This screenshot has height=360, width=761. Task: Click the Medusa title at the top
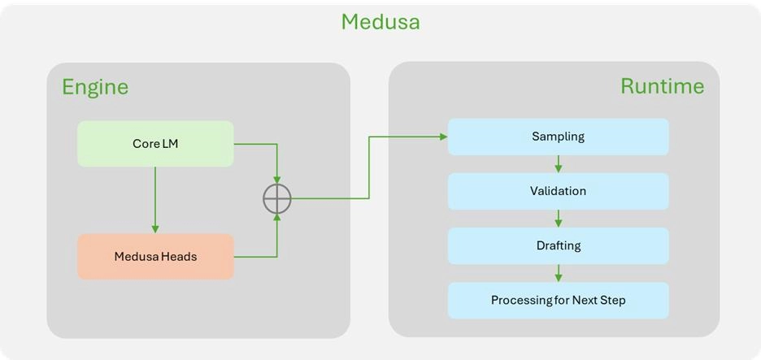tap(380, 22)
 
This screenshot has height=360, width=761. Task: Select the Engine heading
tap(95, 87)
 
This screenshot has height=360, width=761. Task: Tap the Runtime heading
tap(662, 86)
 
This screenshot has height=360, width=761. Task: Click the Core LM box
tap(155, 144)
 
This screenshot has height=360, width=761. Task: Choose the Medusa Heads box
tap(155, 257)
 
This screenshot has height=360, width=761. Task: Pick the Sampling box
tap(558, 137)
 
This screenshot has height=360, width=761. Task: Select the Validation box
tap(558, 191)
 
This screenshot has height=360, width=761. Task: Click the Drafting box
tap(558, 245)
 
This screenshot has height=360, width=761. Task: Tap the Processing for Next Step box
tap(558, 300)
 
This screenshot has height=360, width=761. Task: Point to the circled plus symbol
tap(277, 198)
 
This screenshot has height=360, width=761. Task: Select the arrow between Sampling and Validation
tap(558, 164)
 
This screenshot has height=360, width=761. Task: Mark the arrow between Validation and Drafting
tap(558, 219)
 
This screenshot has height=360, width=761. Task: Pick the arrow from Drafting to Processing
tap(558, 273)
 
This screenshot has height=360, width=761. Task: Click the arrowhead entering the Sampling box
tap(443, 137)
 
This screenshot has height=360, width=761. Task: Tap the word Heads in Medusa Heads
tap(178, 257)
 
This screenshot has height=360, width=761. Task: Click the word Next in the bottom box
tap(585, 300)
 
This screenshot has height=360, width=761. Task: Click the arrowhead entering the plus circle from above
tap(277, 180)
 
